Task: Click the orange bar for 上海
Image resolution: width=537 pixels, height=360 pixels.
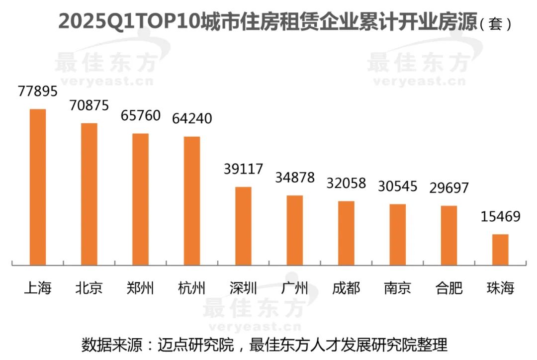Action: click(38, 187)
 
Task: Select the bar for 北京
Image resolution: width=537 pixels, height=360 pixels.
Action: click(89, 194)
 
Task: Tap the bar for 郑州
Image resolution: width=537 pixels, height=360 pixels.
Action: click(140, 199)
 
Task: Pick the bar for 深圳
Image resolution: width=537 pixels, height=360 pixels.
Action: click(243, 226)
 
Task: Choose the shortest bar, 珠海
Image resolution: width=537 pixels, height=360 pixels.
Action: click(500, 250)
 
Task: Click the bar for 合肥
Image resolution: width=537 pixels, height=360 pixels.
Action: click(449, 235)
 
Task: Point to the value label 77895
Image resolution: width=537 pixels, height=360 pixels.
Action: click(38, 91)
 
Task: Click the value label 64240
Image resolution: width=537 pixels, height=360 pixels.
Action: click(192, 119)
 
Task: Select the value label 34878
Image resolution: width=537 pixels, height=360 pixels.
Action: click(295, 178)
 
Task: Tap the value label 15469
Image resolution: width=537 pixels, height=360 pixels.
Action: click(500, 217)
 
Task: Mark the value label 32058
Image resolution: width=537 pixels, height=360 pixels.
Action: click(346, 183)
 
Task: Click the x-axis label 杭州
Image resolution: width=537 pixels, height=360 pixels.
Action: click(192, 288)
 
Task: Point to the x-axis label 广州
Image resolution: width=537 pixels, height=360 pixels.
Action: click(295, 288)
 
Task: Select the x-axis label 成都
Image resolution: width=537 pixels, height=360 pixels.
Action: click(346, 288)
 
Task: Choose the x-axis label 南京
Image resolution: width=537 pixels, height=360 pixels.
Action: click(398, 288)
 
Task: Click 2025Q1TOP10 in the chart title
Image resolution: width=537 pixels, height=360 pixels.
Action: click(129, 22)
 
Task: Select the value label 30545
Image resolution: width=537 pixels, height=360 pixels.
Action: click(398, 186)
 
